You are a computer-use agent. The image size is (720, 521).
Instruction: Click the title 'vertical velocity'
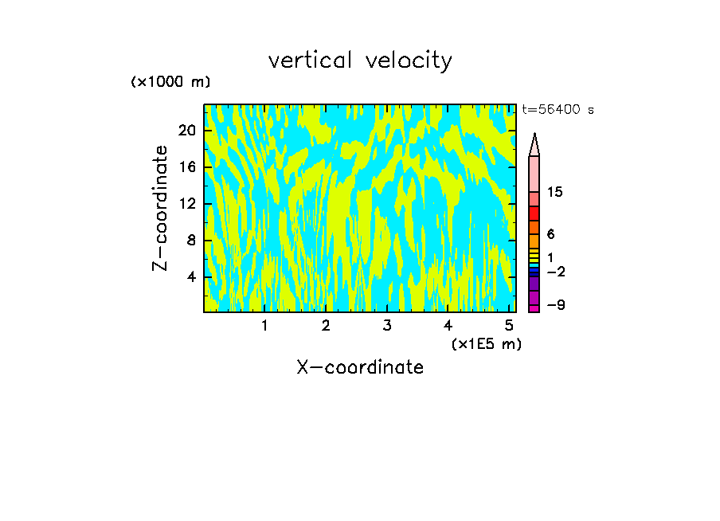[x=360, y=61]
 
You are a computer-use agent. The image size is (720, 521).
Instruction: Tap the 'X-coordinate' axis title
[x=360, y=367]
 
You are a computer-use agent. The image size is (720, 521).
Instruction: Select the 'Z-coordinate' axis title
[x=161, y=208]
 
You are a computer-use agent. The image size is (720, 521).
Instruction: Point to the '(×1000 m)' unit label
[x=170, y=82]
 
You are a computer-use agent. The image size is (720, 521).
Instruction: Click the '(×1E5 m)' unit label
[x=486, y=343]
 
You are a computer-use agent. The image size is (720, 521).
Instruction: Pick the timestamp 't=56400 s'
[x=558, y=110]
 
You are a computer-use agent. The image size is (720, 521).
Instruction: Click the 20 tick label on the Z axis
[x=186, y=131]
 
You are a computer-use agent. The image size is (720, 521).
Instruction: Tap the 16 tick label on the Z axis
[x=186, y=167]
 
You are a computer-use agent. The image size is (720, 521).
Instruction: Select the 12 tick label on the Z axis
[x=186, y=204]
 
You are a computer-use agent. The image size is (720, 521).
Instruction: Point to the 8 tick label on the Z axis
[x=191, y=241]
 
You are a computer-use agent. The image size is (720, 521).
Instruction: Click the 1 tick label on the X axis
[x=264, y=325]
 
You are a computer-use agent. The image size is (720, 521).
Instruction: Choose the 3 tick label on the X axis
[x=386, y=325]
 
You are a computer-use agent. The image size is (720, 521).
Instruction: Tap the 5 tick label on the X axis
[x=509, y=325]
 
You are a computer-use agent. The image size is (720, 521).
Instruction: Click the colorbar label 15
[x=556, y=192]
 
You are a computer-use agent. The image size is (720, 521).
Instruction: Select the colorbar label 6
[x=550, y=234]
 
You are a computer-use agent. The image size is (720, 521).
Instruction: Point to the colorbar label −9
[x=556, y=305]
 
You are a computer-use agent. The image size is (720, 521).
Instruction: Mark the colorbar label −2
[x=556, y=272]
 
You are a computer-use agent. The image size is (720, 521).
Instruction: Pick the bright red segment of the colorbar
[x=534, y=213]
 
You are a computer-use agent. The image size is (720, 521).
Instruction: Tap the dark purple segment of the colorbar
[x=534, y=283]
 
